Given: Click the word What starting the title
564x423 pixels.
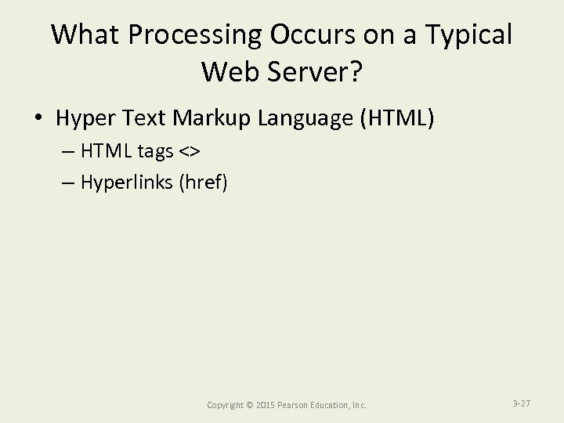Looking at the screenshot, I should tap(83, 35).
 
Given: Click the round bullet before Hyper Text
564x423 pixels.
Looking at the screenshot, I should tap(38, 119).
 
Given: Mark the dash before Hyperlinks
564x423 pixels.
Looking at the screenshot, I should tap(64, 183).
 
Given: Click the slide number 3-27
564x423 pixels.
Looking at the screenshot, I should tap(522, 403).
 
